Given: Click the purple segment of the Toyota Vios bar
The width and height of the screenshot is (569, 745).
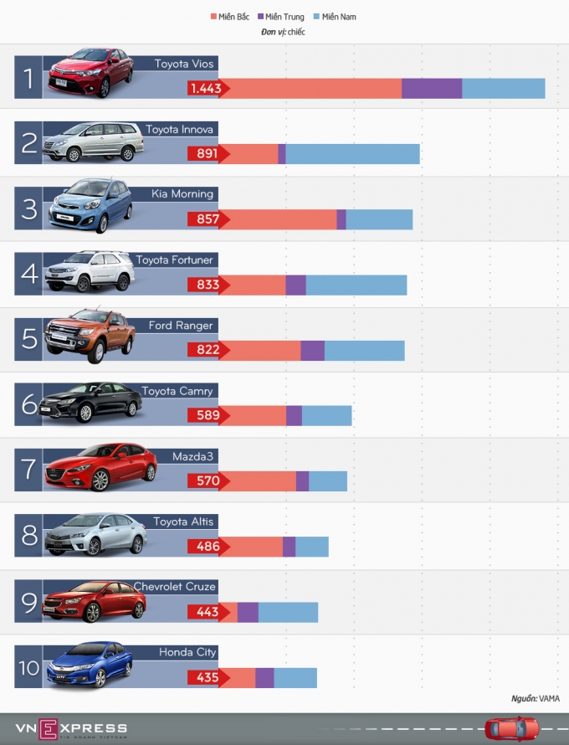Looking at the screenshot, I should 432,89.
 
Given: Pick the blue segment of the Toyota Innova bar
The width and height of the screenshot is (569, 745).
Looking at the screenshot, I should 352,154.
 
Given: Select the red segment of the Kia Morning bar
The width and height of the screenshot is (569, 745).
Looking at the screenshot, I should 278,219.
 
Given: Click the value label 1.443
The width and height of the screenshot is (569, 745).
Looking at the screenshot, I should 204,89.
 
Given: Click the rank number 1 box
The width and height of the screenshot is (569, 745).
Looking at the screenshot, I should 28,79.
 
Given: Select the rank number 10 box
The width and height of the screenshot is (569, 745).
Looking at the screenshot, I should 28,668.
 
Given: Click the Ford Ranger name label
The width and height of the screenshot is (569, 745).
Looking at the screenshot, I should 181,326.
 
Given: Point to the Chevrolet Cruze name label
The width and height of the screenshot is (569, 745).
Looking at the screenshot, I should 175,587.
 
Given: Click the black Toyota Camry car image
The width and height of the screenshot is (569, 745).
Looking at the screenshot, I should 90,403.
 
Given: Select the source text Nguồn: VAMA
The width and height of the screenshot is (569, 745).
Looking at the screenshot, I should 536,698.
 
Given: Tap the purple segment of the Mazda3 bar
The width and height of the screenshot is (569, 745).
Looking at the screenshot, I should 302,481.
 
